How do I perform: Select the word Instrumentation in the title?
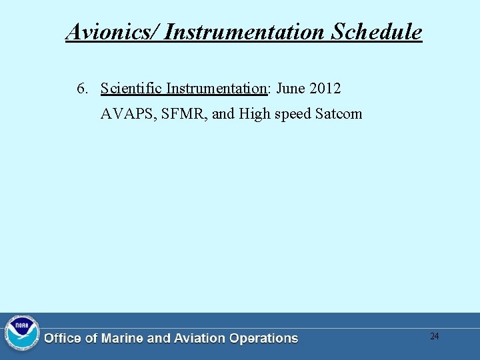tap(245, 31)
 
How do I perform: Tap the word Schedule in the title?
tap(377, 31)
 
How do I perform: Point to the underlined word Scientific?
tap(131, 89)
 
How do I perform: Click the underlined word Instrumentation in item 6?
tap(216, 89)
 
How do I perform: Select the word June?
tap(291, 89)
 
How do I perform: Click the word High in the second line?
tap(254, 114)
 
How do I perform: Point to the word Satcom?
tap(339, 114)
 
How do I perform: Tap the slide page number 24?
tap(434, 336)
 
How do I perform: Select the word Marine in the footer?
tap(122, 339)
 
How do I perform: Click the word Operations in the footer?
tap(263, 339)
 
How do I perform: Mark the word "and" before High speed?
tap(223, 114)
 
